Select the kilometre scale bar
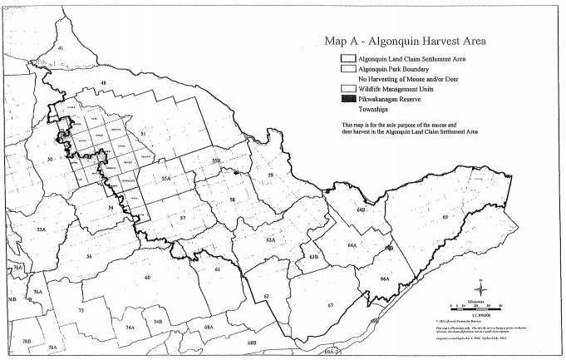point(469,306)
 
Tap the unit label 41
point(60,49)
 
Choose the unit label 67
point(331,306)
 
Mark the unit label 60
point(147,278)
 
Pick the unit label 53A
point(40,229)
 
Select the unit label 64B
point(362,211)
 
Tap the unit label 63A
point(271,239)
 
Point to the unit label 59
point(270,175)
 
